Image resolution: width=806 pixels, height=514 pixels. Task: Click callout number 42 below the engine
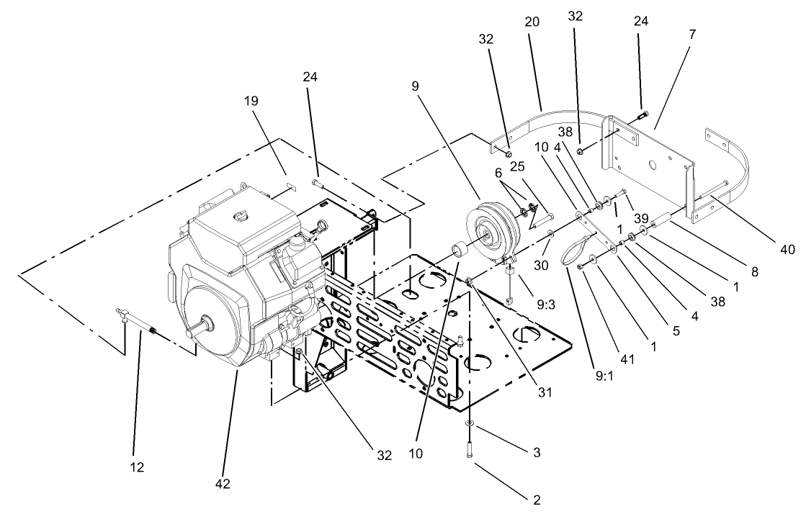pos(223,484)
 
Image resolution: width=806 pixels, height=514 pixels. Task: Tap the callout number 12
pos(137,467)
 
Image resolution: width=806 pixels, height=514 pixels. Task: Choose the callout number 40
pos(787,250)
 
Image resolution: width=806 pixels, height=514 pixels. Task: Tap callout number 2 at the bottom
pos(534,499)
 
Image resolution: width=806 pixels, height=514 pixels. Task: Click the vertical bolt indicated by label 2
pos(469,448)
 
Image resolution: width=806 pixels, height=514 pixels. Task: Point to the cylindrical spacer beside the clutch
pos(460,252)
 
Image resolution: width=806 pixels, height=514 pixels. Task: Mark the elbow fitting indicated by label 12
pos(125,314)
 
